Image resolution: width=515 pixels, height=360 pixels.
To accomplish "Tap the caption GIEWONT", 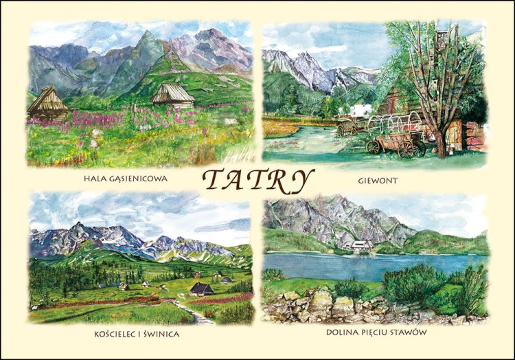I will click(377, 181).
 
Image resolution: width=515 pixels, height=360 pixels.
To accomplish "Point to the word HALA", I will click(95, 179).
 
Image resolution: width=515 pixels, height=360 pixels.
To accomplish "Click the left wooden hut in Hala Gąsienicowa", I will click(47, 102).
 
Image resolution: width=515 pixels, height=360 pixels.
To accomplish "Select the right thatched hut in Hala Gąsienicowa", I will click(173, 95).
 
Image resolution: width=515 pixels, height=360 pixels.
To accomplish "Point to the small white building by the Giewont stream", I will click(360, 111).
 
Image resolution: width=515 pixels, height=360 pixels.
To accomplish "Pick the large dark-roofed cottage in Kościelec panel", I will click(201, 289).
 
